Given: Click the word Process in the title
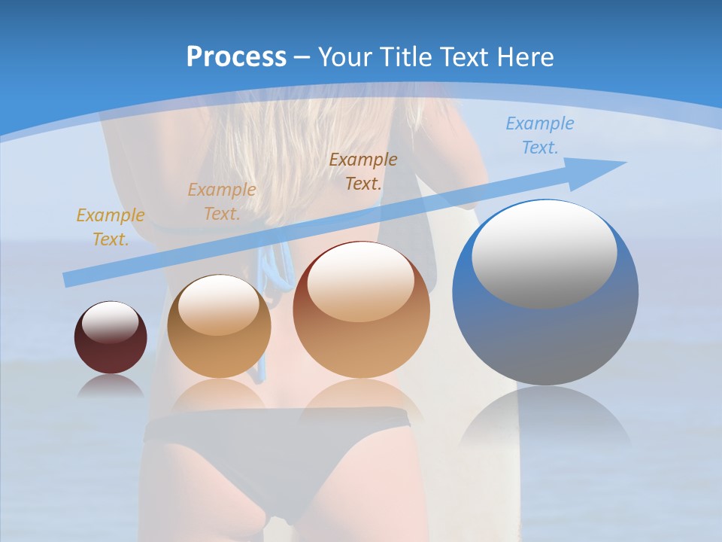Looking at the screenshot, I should (236, 56).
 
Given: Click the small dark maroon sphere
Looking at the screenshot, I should (111, 338).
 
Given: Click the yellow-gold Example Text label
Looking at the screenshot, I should (111, 227).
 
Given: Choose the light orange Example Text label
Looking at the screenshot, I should (222, 201).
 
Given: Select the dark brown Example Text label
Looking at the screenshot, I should (363, 171).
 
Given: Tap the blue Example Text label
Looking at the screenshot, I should (540, 135).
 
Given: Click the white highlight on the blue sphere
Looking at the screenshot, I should (544, 254).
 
